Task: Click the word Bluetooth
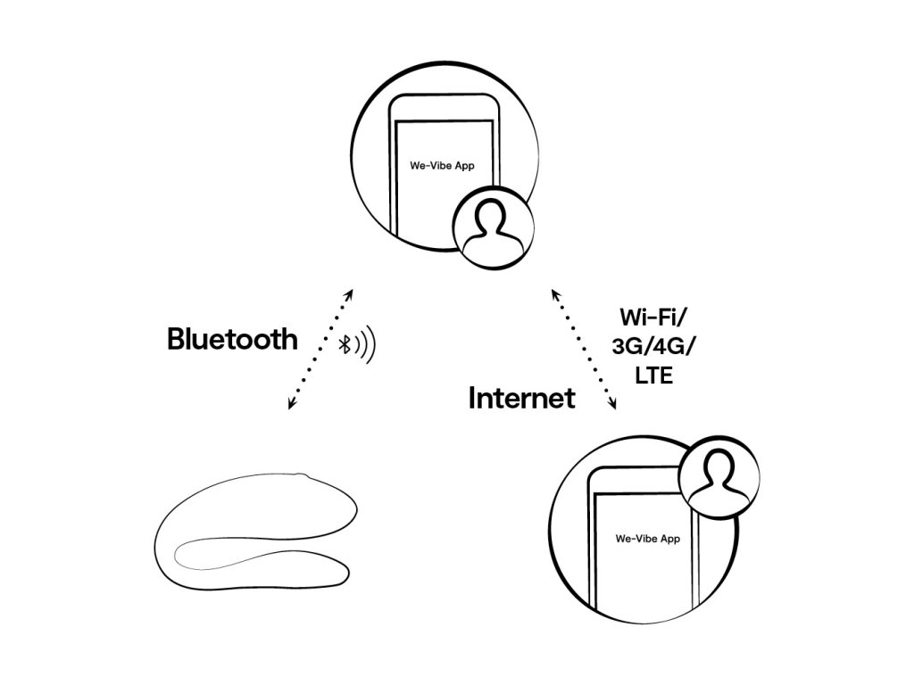coord(232,340)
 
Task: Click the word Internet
coord(522,399)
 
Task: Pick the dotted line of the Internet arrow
coord(585,350)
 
